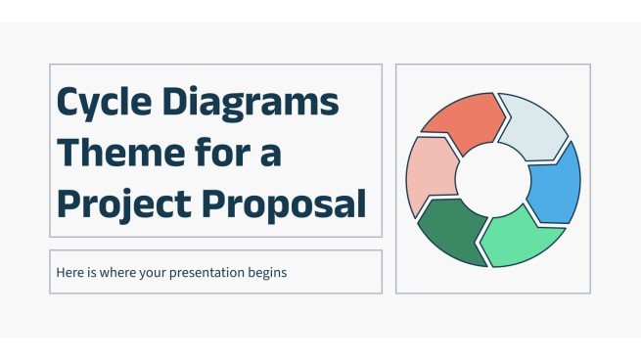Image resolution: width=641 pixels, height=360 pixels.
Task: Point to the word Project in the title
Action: [x=121, y=203]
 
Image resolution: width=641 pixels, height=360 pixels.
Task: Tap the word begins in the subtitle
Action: [x=265, y=273]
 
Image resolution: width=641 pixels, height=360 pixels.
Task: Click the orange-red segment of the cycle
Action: [x=465, y=122]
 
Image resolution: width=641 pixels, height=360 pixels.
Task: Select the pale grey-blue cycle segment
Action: [x=533, y=124]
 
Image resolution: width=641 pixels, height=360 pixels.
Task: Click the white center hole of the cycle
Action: [x=492, y=178]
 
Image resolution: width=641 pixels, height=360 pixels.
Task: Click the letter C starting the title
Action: [x=70, y=103]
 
